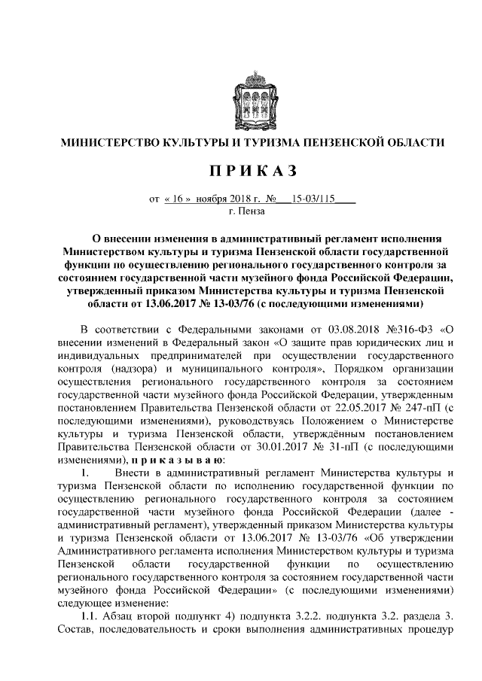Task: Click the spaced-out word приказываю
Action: [181, 460]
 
